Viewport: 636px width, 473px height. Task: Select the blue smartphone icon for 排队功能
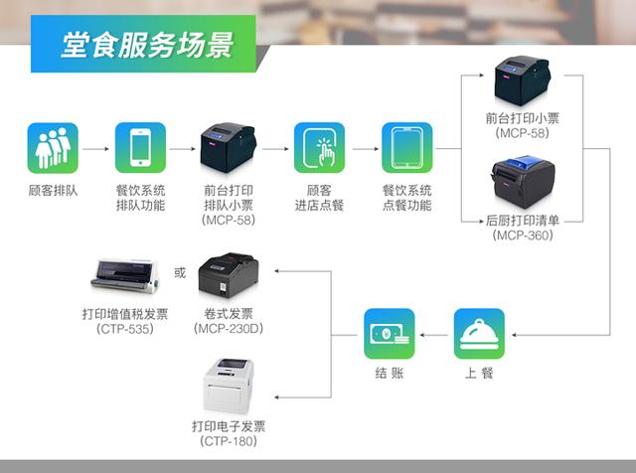pos(140,148)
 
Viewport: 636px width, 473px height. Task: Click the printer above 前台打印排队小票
pos(229,147)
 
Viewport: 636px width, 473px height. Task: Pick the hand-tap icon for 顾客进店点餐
pos(318,148)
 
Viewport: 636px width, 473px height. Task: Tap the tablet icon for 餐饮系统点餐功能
pos(406,148)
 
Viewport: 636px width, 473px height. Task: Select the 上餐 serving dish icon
pos(479,334)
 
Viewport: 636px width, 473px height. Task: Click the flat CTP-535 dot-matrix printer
pos(124,275)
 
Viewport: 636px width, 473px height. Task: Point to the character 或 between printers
pos(180,270)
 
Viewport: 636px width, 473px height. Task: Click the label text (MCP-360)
pos(524,236)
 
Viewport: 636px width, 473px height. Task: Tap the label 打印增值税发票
pos(124,314)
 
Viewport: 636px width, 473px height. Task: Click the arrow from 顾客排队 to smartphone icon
pos(95,149)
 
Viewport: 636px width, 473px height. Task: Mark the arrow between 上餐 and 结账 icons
pos(434,335)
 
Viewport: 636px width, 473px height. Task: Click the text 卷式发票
pos(228,314)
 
